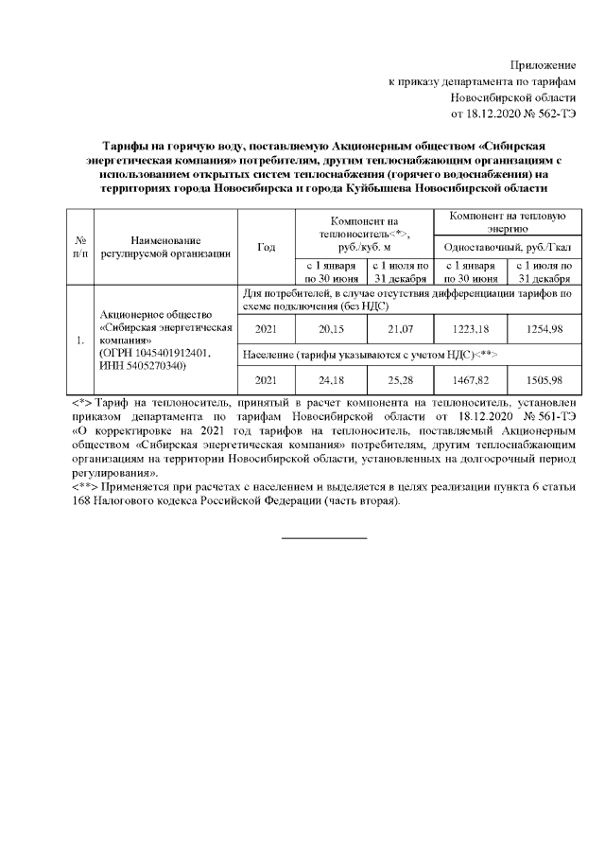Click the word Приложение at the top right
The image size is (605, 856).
[x=543, y=64]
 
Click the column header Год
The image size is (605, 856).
[x=266, y=247]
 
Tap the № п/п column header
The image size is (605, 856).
[x=81, y=247]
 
